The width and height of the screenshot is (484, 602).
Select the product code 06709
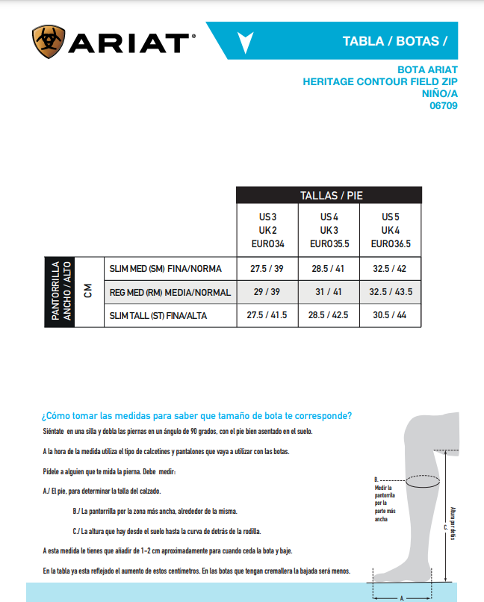[x=443, y=105]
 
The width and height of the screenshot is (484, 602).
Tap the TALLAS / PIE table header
[x=329, y=196]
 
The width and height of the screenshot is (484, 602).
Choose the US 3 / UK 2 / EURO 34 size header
[x=267, y=230]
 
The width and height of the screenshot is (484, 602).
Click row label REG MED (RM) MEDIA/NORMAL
[x=170, y=292]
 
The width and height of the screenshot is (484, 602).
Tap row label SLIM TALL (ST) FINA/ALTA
[x=158, y=316]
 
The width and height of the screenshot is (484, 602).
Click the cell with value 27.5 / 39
[x=267, y=268]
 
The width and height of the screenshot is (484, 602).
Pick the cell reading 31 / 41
[x=329, y=292]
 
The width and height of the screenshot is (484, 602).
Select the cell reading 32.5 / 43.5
[x=391, y=292]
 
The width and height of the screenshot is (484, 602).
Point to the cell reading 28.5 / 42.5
[x=329, y=316]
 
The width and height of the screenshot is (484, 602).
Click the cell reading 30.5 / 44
[x=391, y=316]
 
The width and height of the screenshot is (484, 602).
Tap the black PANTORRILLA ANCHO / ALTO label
[x=60, y=291]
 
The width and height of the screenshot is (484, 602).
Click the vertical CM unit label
[x=88, y=291]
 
